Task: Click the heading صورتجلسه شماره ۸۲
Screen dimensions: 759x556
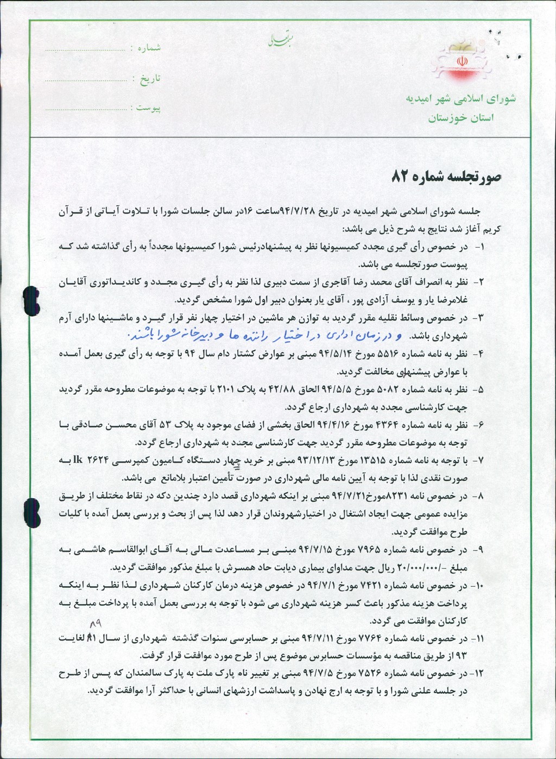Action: click(446, 177)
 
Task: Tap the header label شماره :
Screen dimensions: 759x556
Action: click(146, 48)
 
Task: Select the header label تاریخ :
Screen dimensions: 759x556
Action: click(147, 79)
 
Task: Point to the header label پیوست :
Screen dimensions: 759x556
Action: click(148, 108)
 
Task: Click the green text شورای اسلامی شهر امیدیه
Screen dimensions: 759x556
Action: click(460, 99)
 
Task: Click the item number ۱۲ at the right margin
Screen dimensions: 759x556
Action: click(478, 674)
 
